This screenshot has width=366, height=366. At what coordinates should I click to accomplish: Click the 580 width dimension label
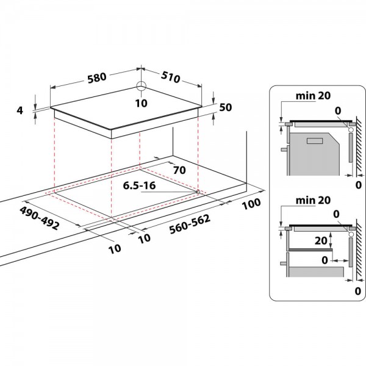(97, 77)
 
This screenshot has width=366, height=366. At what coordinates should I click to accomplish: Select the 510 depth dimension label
(171, 77)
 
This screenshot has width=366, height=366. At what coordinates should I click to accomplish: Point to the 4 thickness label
(20, 110)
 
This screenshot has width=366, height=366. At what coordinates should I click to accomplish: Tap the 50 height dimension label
(226, 107)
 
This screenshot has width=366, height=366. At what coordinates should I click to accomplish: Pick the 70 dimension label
(179, 170)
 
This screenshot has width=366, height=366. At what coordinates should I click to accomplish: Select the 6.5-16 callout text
(139, 185)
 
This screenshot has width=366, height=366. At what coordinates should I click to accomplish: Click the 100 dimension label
(251, 204)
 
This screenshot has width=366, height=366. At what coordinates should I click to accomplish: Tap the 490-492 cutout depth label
(39, 218)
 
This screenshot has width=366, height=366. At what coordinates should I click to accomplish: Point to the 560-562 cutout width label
(190, 224)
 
